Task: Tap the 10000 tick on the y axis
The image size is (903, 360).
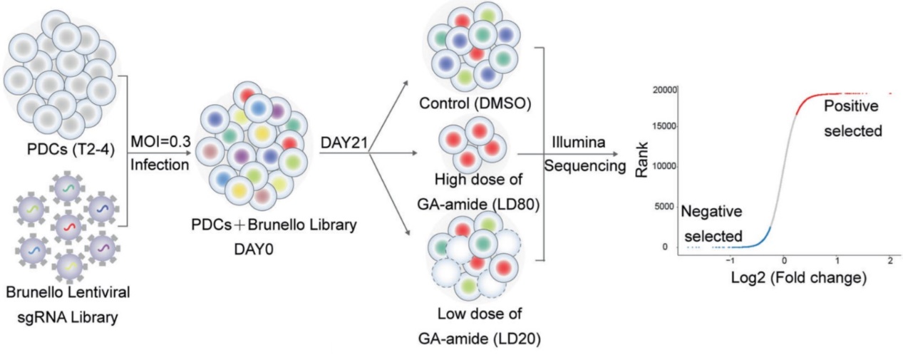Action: (664, 167)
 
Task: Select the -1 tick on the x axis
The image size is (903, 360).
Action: (729, 261)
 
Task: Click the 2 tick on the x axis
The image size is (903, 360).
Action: (890, 261)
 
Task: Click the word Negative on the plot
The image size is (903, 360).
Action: (711, 212)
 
